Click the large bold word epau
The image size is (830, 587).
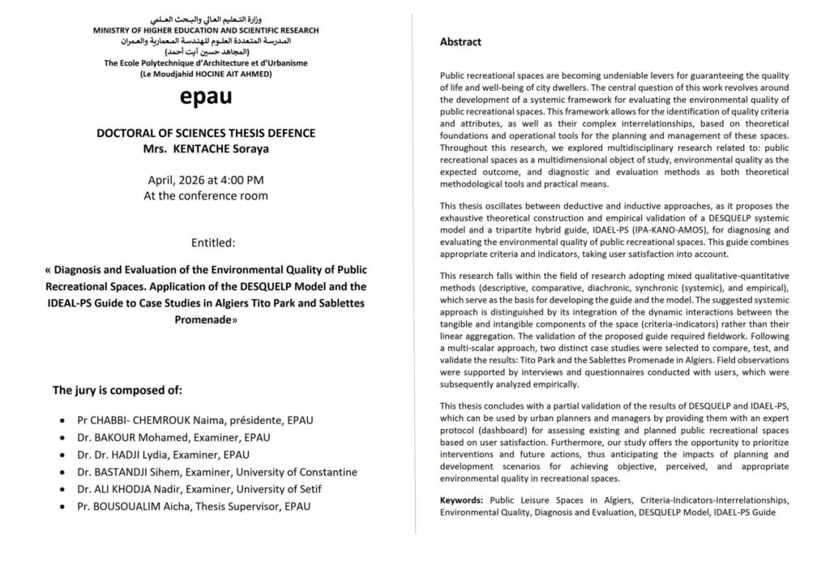pyautogui.click(x=206, y=96)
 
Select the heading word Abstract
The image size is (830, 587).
pyautogui.click(x=460, y=42)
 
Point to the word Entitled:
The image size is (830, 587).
pyautogui.click(x=206, y=242)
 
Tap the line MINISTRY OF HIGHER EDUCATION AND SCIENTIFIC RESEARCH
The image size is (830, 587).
pyautogui.click(x=206, y=30)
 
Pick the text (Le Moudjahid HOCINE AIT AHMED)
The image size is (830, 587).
pyautogui.click(x=206, y=74)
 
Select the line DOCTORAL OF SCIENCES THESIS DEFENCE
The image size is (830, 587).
pyautogui.click(x=206, y=133)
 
